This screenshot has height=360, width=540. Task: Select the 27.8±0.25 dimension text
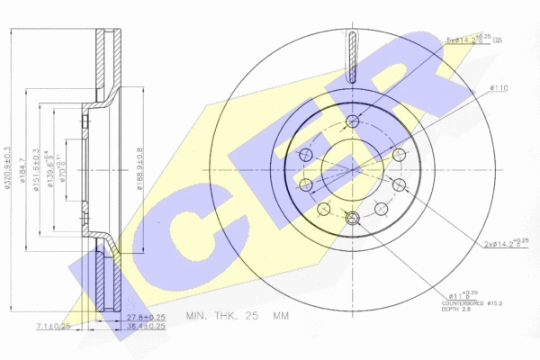pos(145,318)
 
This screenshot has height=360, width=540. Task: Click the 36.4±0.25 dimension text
pos(145,326)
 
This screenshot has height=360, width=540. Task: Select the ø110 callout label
pos(499,87)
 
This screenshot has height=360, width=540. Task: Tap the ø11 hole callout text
pos(460,295)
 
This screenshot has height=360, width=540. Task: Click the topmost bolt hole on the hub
pos(352,121)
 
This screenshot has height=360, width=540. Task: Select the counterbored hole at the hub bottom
pos(352,217)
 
